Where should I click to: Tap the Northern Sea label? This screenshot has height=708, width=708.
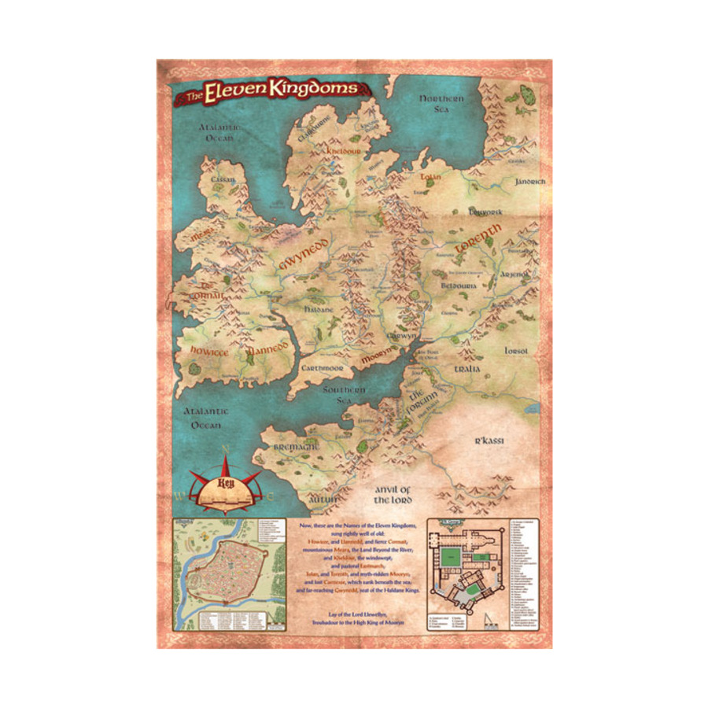(x=441, y=105)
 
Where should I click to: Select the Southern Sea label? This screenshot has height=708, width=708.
(x=347, y=395)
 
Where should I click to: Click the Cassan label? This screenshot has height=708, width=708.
(x=223, y=179)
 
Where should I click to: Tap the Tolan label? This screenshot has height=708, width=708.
(x=430, y=177)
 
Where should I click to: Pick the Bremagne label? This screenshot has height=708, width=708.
(x=296, y=445)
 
